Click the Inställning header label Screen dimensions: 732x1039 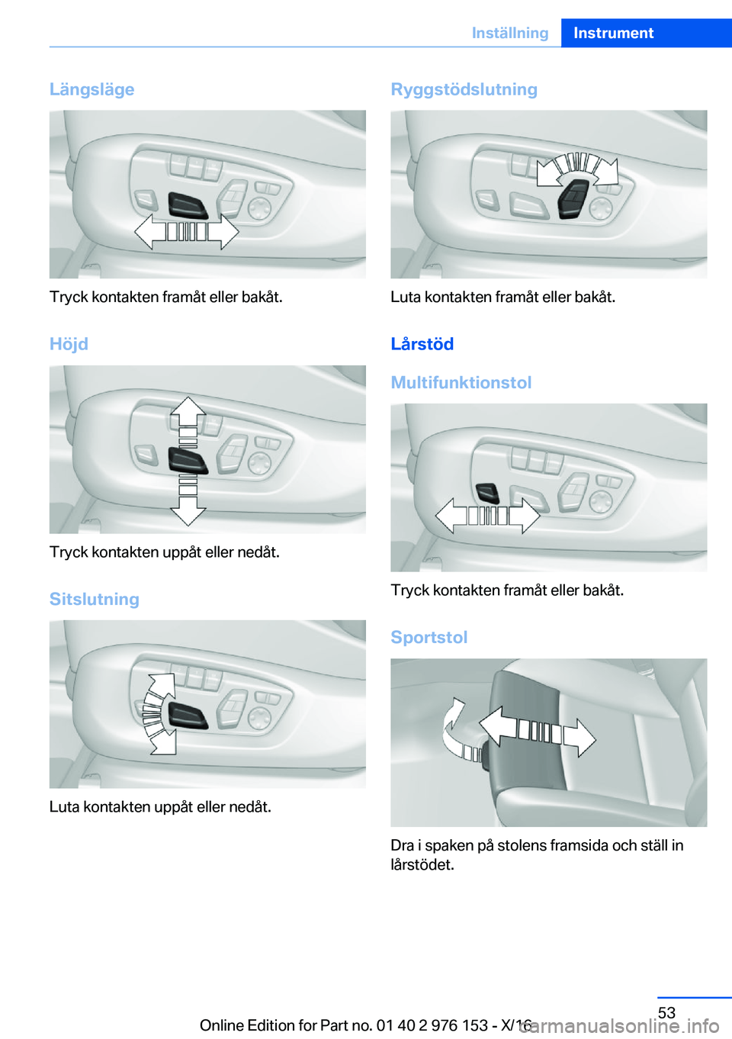point(510,33)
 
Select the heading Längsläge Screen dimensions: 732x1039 point(91,89)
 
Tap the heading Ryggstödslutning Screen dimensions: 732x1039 point(464,89)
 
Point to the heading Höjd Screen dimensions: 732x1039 point(69,344)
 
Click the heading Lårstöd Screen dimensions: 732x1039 point(422,344)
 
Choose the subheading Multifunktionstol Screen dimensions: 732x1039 point(461,382)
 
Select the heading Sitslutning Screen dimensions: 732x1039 point(94,599)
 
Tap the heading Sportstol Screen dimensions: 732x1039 point(429,637)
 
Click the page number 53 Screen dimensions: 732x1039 point(666,1012)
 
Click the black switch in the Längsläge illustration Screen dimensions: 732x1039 point(188,205)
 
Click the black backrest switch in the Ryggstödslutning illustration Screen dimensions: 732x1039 point(573,198)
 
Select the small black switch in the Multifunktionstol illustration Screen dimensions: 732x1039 point(488,493)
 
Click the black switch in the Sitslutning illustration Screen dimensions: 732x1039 point(188,715)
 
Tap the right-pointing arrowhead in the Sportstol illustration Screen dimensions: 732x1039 point(579,738)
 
